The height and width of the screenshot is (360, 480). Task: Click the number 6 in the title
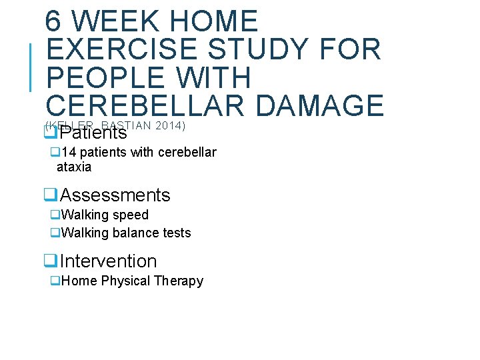click(54, 21)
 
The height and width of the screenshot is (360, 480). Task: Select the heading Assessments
click(115, 195)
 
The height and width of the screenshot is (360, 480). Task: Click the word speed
click(131, 215)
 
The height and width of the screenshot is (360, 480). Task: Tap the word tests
click(176, 233)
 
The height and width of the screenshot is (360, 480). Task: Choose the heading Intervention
click(108, 261)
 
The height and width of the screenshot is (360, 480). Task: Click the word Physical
click(125, 281)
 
